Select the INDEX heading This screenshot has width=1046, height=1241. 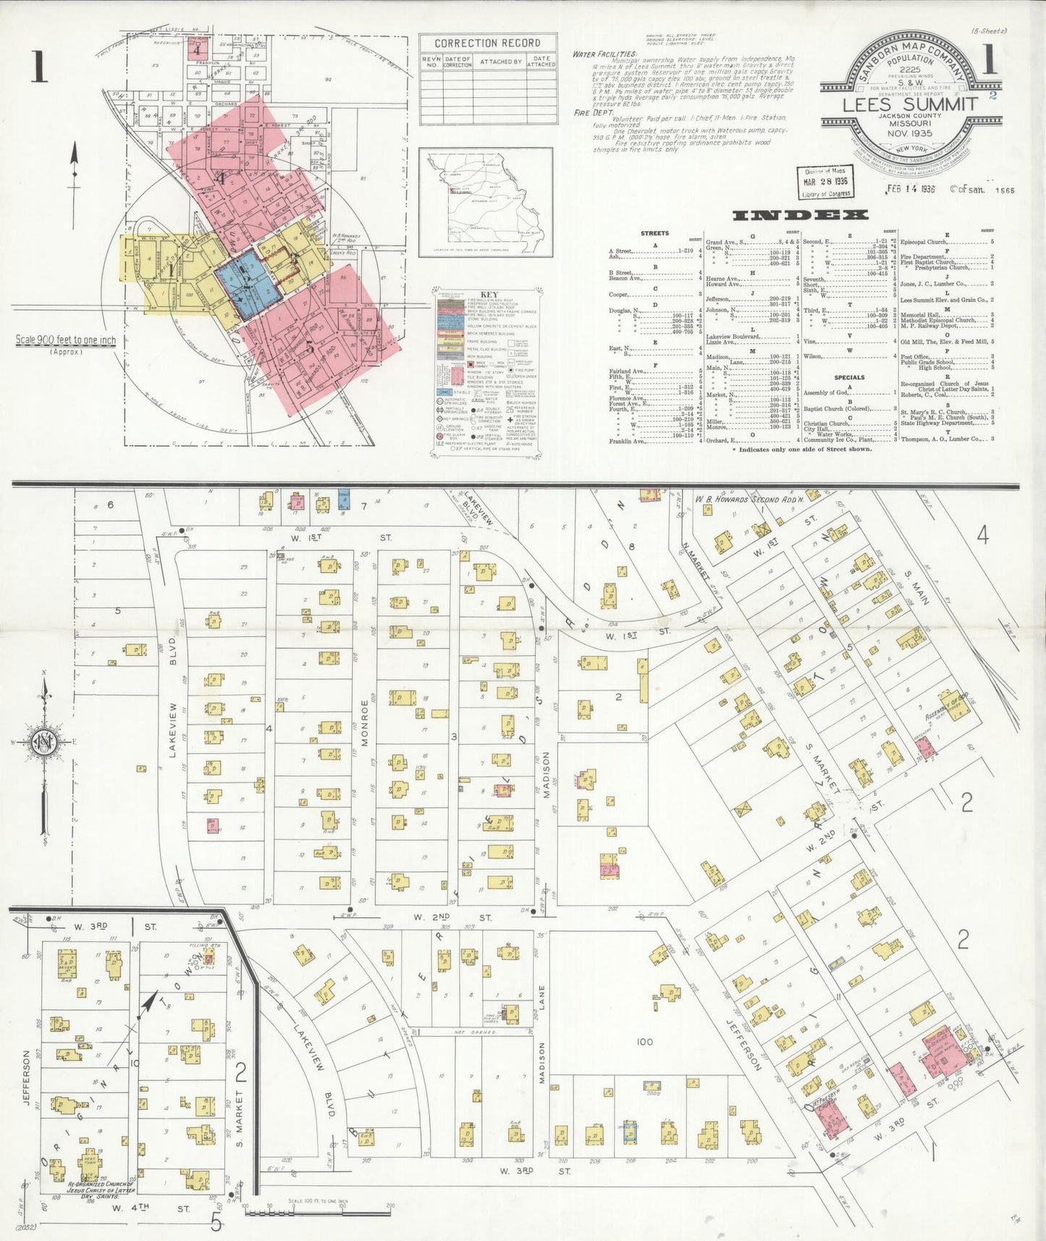(x=800, y=215)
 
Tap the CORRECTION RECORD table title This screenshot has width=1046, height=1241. (x=487, y=43)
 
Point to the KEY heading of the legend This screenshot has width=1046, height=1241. (x=485, y=294)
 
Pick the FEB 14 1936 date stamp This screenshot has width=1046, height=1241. (x=910, y=189)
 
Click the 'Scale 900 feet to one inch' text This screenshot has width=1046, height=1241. (x=66, y=340)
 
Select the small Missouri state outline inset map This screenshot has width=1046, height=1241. (x=486, y=202)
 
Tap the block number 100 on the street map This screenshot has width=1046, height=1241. (x=644, y=1042)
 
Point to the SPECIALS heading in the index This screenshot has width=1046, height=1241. (x=848, y=377)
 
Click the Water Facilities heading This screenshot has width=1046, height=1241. (x=604, y=54)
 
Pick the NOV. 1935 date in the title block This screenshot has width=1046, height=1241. (x=909, y=133)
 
